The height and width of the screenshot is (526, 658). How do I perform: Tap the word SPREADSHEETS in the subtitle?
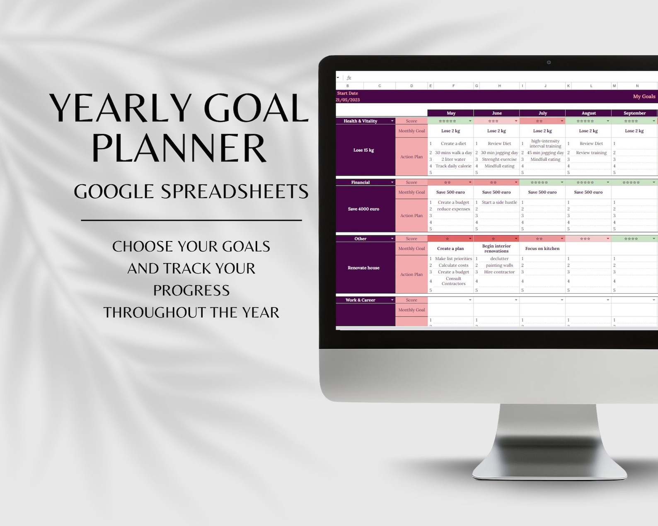235,192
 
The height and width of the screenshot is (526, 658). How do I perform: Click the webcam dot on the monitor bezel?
549,63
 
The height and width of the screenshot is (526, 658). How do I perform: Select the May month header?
451,113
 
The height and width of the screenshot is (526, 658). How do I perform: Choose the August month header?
588,113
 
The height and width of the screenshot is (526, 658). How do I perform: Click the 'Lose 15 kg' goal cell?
363,150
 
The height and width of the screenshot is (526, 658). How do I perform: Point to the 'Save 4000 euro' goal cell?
363,209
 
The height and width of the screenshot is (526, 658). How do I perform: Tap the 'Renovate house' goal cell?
363,268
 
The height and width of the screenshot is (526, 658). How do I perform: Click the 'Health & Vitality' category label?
360,121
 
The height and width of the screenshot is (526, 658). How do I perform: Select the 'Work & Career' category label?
360,300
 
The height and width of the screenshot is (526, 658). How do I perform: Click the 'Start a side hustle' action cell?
499,203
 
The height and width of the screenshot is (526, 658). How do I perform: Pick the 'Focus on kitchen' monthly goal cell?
542,249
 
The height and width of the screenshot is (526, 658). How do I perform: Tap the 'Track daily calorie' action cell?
453,166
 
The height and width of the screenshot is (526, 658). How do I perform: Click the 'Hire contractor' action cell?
499,272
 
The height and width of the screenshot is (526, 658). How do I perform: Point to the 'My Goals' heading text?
644,97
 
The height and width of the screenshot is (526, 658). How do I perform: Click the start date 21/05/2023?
348,100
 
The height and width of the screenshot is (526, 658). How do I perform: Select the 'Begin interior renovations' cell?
496,249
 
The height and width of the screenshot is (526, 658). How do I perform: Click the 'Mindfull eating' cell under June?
499,166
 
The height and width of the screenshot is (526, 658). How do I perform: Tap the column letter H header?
499,86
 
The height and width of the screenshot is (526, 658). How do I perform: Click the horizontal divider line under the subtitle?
191,220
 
